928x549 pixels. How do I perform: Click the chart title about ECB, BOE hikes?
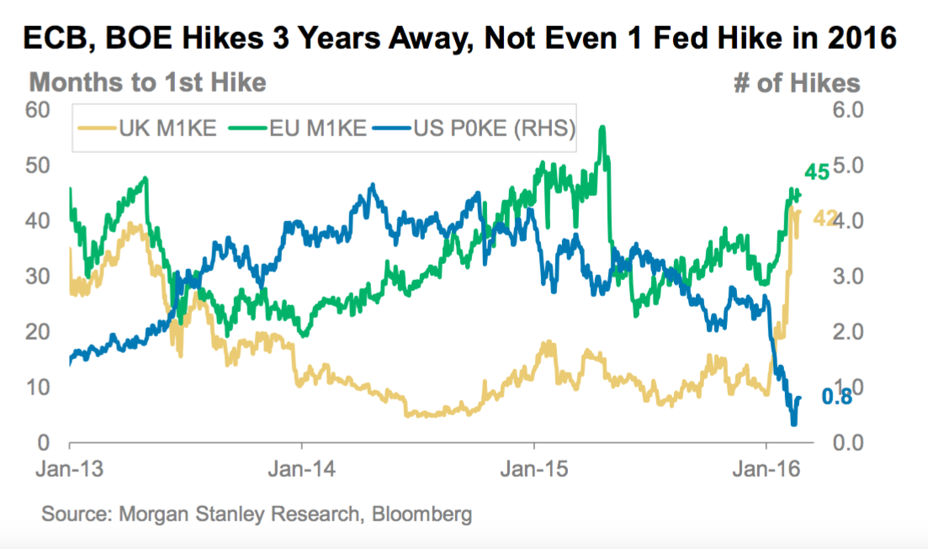click(460, 39)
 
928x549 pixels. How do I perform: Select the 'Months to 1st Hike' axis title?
click(148, 82)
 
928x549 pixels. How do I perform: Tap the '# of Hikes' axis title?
click(797, 82)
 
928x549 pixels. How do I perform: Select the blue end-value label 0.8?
click(835, 398)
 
